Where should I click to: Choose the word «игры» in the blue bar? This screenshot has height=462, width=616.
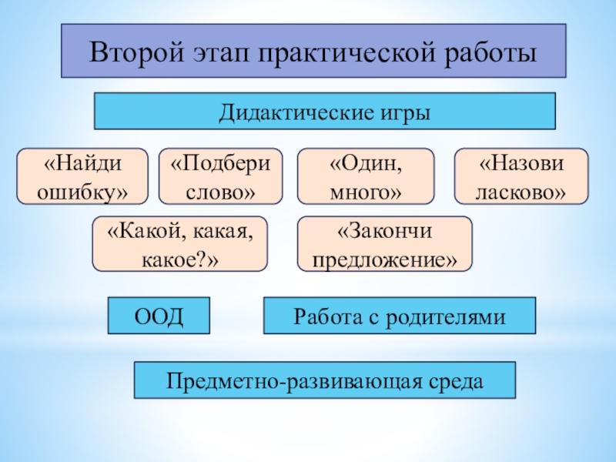(x=403, y=112)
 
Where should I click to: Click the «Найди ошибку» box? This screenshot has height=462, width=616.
(x=83, y=176)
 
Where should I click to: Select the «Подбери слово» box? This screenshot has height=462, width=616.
(x=221, y=176)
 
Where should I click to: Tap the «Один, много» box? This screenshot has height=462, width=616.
(x=366, y=176)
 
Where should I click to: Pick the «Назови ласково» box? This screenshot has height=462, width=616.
(x=522, y=176)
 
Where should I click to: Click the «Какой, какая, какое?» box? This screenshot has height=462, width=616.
(x=180, y=244)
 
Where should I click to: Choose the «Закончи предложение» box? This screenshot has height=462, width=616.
(x=385, y=244)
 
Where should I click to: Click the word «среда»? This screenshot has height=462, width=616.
(x=458, y=380)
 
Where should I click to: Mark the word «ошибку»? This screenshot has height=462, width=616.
(x=83, y=190)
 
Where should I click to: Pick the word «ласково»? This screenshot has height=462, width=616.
(x=522, y=190)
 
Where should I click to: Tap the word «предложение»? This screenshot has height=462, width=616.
(x=385, y=259)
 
